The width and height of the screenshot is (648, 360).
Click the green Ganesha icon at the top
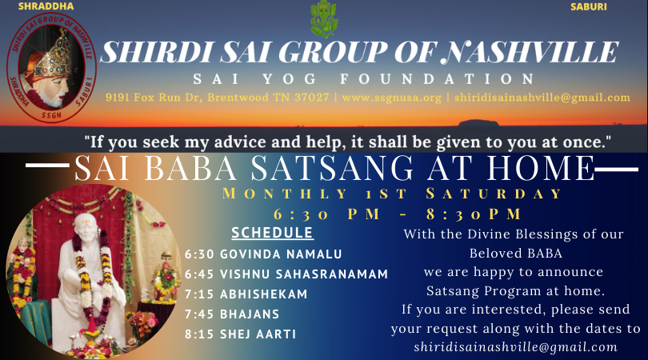pos(324,19)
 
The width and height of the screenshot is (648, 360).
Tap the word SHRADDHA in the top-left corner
pos(46,6)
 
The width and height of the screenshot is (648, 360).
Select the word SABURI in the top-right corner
pos(589,7)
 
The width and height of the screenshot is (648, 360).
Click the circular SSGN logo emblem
pos(52,67)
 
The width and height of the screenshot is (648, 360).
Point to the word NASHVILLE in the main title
pos(530,52)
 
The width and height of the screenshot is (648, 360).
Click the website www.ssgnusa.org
pos(392,98)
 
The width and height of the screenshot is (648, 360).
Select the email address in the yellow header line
pos(542,98)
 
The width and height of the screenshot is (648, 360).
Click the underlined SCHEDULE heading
pos(272,233)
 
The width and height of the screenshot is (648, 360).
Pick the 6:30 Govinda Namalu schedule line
pos(263,254)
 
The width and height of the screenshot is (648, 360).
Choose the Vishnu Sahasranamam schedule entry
pos(286,274)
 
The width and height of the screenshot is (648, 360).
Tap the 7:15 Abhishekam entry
pos(246,294)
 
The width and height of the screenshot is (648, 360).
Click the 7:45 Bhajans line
pos(232,314)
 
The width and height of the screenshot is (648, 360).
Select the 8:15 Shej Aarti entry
pos(241,334)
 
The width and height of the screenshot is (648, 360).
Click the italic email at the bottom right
pos(516,346)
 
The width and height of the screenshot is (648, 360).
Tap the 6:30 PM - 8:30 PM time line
pos(397,214)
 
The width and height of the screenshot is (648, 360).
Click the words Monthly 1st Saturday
pos(392,194)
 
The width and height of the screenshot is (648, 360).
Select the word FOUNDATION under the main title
pos(438,78)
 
